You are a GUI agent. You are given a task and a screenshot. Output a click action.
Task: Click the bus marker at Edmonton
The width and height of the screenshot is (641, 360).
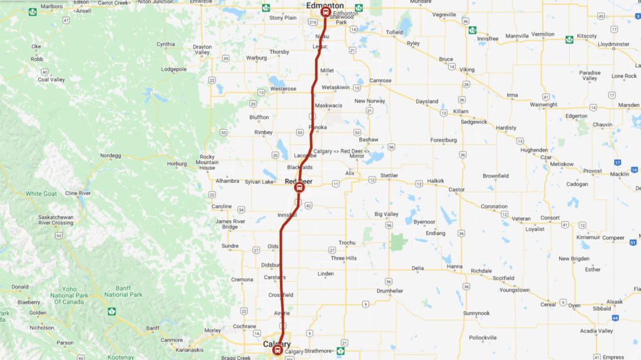click(325, 12)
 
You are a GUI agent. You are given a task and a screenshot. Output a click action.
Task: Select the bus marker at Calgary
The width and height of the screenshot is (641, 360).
click(277, 351)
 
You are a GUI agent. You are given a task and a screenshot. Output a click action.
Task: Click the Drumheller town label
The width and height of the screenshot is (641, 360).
click(390, 291)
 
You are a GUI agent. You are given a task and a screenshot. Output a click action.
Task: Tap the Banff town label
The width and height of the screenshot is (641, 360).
click(153, 328)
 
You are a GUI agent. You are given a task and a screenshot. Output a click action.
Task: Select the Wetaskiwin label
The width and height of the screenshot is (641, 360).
click(336, 87)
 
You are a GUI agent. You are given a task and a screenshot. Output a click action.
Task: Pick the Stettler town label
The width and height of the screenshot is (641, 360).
click(389, 175)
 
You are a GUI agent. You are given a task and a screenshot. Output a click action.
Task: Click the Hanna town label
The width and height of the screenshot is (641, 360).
click(455, 266)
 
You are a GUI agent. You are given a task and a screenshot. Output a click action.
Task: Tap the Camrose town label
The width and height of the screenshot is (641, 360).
click(380, 81)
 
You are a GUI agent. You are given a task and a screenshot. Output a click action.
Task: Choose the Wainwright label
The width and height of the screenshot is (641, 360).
click(543, 105)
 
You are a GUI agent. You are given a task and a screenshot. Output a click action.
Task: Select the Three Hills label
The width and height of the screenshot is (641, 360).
click(344, 258)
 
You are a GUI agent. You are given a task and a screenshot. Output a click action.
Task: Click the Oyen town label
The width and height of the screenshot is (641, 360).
click(574, 305)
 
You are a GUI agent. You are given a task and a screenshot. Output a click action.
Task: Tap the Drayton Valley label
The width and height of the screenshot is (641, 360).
click(202, 49)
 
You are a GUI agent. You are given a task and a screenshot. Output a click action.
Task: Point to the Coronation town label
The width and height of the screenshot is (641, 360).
click(494, 206)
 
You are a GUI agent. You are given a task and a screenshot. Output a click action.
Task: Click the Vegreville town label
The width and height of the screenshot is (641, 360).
click(444, 14)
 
